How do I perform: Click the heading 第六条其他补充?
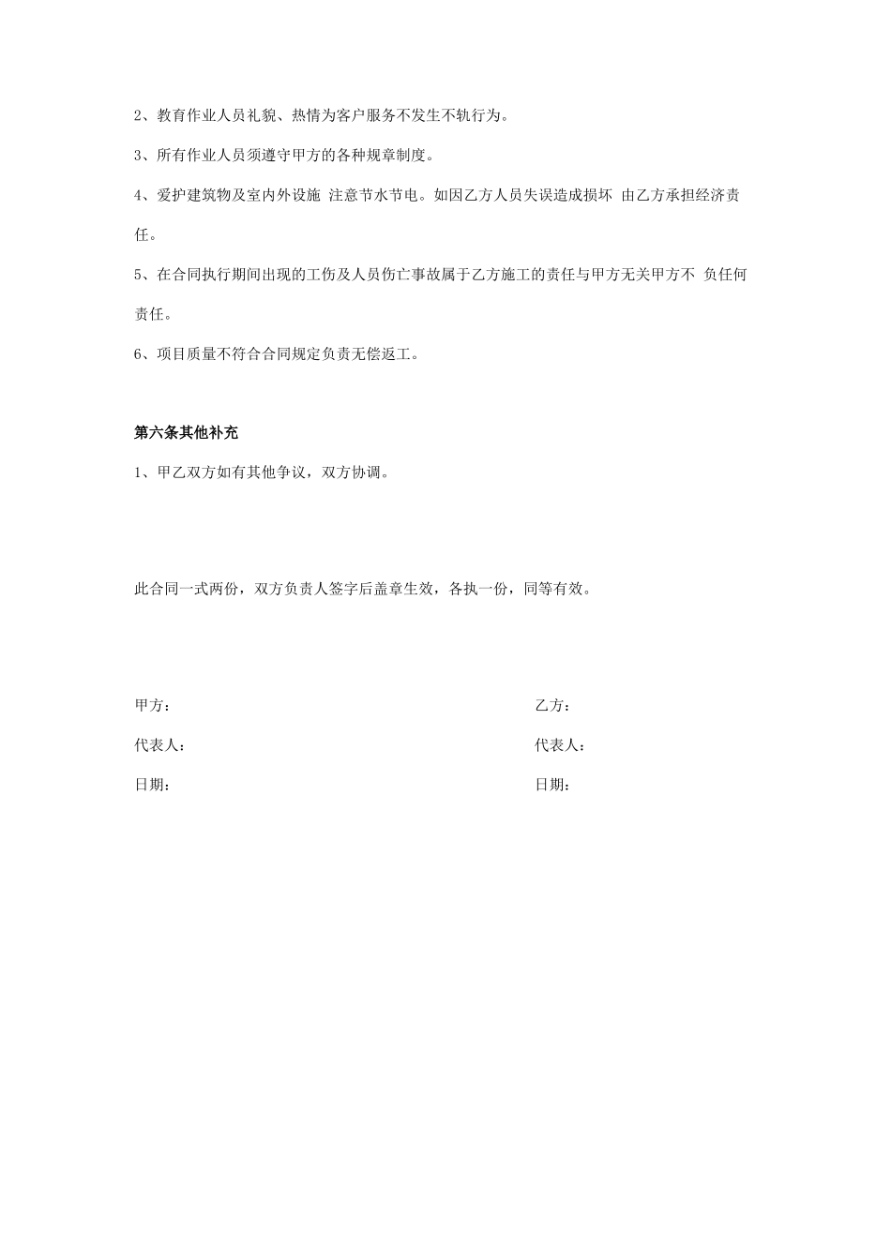[x=187, y=433]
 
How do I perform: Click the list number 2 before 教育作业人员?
[x=139, y=116]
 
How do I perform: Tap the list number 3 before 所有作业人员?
[x=139, y=156]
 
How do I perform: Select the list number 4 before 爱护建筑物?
[x=139, y=196]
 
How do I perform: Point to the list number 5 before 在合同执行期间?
[x=139, y=275]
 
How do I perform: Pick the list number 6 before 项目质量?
[x=139, y=354]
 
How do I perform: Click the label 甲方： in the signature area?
[x=152, y=706]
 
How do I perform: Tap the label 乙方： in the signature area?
[x=552, y=706]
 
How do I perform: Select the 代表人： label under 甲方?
[x=159, y=746]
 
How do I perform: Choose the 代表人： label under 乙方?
[x=560, y=746]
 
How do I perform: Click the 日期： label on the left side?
[x=152, y=786]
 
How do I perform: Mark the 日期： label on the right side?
[x=552, y=786]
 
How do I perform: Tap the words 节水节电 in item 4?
[x=389, y=196]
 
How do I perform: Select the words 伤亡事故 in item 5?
[x=427, y=275]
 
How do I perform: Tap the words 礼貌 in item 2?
[x=262, y=116]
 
